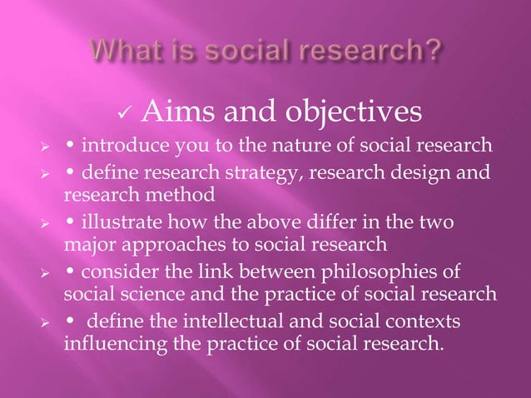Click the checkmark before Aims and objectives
point(126,112)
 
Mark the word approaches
point(157,245)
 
